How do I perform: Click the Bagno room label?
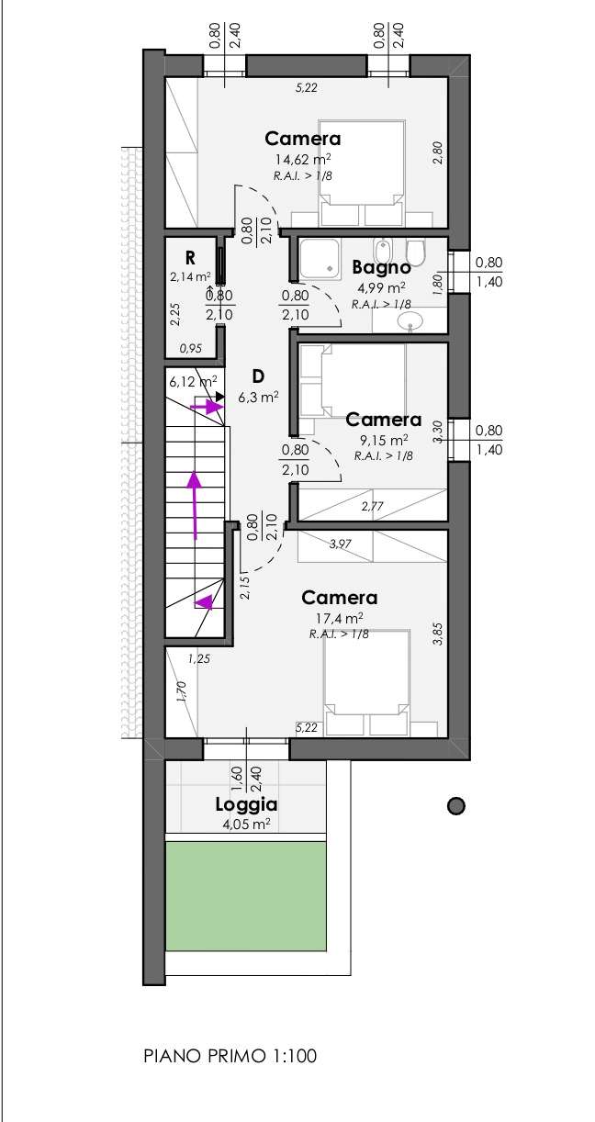click(381, 267)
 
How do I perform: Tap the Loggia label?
click(246, 805)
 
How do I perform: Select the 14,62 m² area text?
click(302, 160)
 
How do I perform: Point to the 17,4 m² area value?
click(339, 618)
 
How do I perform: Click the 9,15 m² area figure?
click(384, 441)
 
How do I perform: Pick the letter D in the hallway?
click(258, 376)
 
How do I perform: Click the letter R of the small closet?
click(190, 258)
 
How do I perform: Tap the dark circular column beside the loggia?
click(455, 806)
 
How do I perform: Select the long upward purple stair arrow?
click(194, 505)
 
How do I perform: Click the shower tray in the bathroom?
click(319, 257)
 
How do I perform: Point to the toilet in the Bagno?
click(415, 252)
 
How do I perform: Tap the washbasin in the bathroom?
click(410, 320)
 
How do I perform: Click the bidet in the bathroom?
click(383, 252)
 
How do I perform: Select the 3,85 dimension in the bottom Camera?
click(438, 634)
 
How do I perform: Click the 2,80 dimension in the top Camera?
click(437, 152)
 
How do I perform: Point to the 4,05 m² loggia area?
click(245, 824)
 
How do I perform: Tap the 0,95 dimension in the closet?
click(190, 349)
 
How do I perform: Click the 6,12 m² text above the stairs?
click(193, 382)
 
